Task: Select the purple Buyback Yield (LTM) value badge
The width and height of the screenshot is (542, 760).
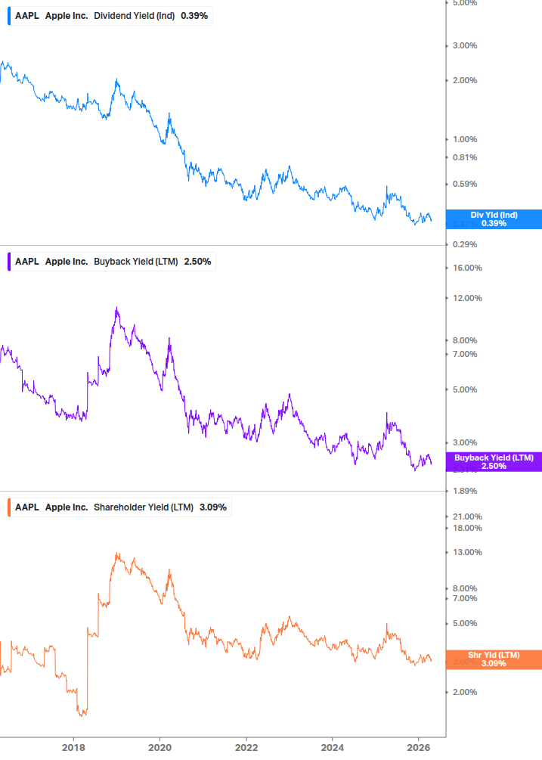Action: [494, 461]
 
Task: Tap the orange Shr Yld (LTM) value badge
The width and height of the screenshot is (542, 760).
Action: [494, 659]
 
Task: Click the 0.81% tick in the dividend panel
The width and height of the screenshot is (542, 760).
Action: [464, 157]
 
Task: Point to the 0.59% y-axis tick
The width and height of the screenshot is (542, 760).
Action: [464, 184]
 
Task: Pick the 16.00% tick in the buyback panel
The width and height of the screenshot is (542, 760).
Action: [466, 268]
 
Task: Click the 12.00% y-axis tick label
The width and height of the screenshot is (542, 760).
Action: [466, 298]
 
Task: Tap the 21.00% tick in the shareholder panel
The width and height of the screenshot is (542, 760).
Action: [466, 516]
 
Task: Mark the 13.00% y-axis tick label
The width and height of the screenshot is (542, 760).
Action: [466, 552]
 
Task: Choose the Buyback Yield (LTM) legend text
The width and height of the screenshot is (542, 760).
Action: [136, 262]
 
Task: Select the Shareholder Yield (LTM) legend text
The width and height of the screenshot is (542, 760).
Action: [144, 507]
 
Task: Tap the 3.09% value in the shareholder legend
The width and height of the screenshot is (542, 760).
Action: [213, 507]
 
